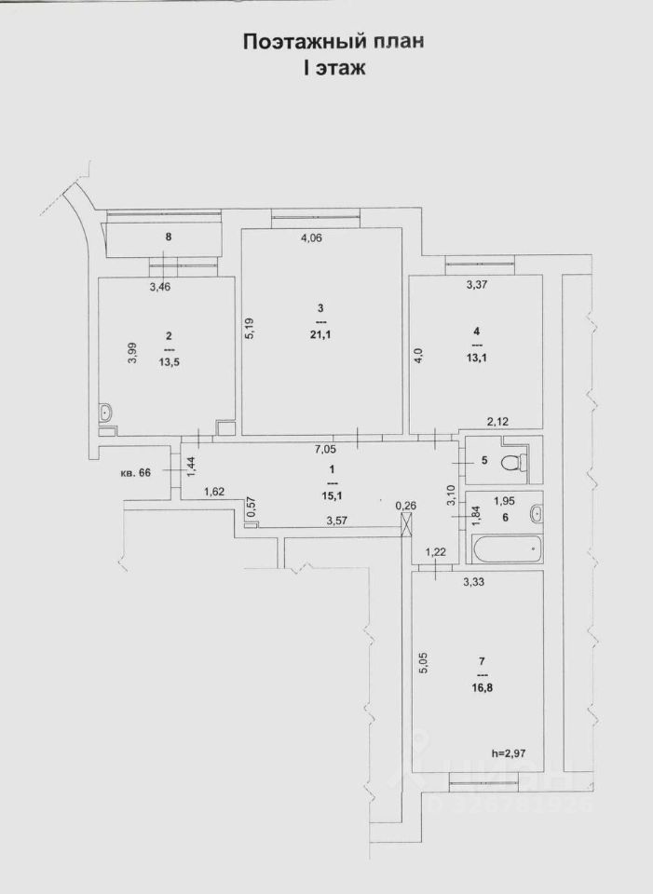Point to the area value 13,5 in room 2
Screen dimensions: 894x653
tap(169, 363)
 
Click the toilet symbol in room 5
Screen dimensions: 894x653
tap(511, 462)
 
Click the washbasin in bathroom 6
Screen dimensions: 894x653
tap(535, 511)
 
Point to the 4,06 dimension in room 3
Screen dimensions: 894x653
tap(311, 237)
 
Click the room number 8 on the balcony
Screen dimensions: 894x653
tap(169, 237)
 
